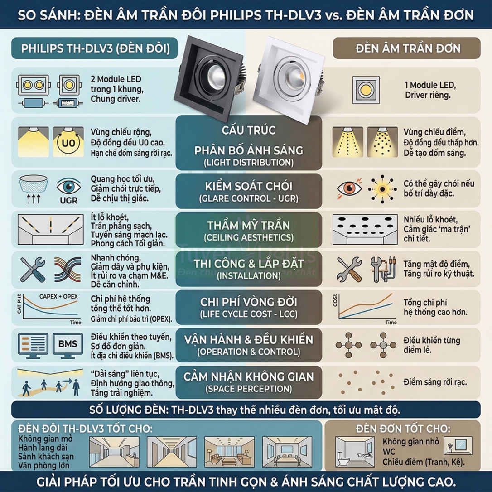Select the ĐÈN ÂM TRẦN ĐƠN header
(407, 48)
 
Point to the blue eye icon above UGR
(68, 186)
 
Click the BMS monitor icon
(67, 345)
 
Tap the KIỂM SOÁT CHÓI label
(249, 187)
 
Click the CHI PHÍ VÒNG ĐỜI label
(249, 303)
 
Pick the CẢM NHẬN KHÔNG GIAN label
(249, 377)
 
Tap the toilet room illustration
(354, 451)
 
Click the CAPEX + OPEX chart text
(58, 297)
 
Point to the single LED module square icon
(366, 90)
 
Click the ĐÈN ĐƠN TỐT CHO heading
(402, 428)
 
